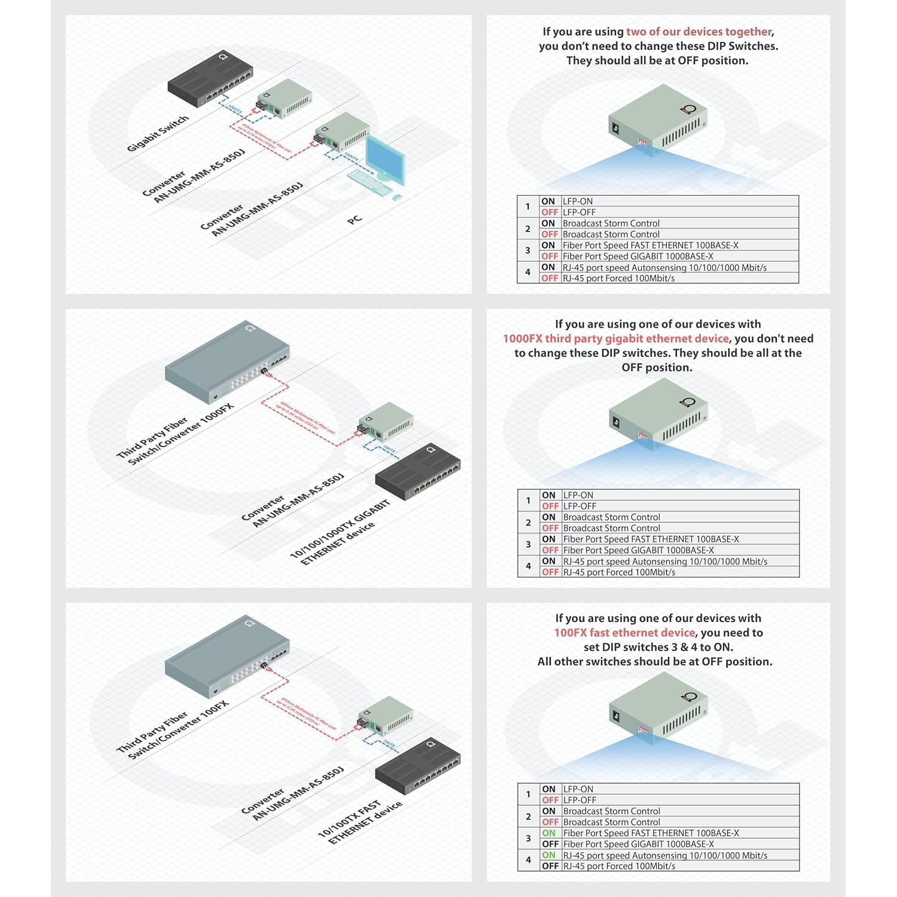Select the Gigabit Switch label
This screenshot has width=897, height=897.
pyautogui.click(x=158, y=133)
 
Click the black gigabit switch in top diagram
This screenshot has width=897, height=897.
pyautogui.click(x=209, y=80)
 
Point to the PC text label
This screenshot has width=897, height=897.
pyautogui.click(x=355, y=219)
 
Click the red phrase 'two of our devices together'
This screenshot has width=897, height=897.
pyautogui.click(x=698, y=32)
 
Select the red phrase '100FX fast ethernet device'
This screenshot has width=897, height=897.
pyautogui.click(x=624, y=633)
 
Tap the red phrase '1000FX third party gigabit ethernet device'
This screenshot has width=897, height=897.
pyautogui.click(x=615, y=338)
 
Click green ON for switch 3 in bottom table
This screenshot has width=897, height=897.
pyautogui.click(x=548, y=833)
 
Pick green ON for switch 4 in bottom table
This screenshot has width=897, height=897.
pyautogui.click(x=548, y=855)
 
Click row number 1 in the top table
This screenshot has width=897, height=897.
pyautogui.click(x=527, y=207)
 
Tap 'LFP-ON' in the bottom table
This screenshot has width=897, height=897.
pyautogui.click(x=578, y=789)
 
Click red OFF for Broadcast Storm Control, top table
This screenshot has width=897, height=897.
pyautogui.click(x=549, y=234)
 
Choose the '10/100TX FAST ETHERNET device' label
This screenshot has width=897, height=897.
pyautogui.click(x=359, y=822)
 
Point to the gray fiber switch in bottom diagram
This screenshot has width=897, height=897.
pyautogui.click(x=227, y=658)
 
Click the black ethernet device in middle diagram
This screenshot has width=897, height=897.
pyautogui.click(x=418, y=472)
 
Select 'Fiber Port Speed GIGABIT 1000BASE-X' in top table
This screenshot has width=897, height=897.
pyautogui.click(x=637, y=257)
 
